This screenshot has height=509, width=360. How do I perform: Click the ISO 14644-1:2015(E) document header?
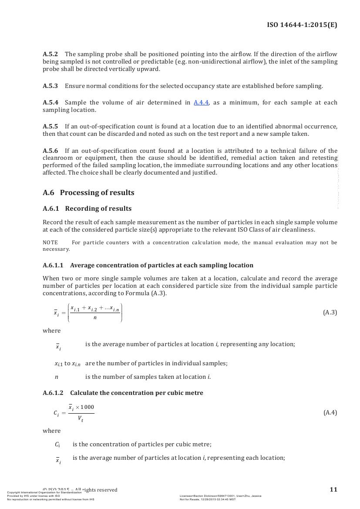(302, 25)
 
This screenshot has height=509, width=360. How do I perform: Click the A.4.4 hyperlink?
(201, 103)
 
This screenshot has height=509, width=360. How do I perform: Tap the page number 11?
(333, 489)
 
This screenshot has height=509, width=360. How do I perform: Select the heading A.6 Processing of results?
(88, 192)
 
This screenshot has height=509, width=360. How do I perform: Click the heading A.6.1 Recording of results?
(87, 209)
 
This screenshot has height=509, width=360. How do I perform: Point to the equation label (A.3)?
(330, 313)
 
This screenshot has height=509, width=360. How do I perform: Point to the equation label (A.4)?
(330, 413)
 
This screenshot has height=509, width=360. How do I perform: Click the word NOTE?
(50, 243)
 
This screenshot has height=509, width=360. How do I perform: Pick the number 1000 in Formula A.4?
(87, 407)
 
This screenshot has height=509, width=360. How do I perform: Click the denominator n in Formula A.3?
(95, 318)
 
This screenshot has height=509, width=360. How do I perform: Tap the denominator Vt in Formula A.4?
(81, 419)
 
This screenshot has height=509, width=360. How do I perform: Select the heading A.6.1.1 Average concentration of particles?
(148, 265)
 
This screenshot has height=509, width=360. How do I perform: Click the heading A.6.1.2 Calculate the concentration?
(123, 393)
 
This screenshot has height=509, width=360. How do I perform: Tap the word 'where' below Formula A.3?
(51, 331)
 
